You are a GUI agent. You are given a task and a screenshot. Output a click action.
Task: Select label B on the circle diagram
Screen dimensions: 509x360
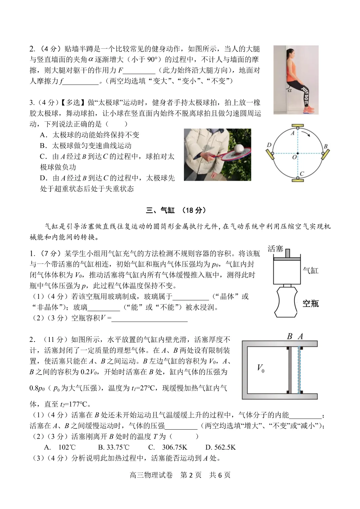pyautogui.click(x=325, y=146)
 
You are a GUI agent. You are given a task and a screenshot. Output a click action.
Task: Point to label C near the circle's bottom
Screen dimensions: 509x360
pyautogui.click(x=302, y=173)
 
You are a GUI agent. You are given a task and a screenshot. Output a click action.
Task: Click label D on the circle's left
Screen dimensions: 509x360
pyautogui.click(x=269, y=145)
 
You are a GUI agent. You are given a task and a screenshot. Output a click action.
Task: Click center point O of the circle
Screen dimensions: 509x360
pyautogui.click(x=294, y=157)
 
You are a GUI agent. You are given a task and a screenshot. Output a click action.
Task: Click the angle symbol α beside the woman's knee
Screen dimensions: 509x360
pyautogui.click(x=289, y=89)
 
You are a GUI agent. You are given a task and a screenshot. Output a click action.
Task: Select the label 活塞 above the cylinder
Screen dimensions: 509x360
pyautogui.click(x=275, y=248)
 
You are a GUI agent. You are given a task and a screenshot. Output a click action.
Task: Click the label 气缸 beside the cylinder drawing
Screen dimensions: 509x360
pyautogui.click(x=310, y=270)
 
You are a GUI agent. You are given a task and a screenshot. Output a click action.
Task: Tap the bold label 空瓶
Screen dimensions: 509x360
pyautogui.click(x=310, y=303)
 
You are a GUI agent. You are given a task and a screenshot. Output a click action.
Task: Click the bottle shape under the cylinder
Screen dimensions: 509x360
pyautogui.click(x=286, y=302)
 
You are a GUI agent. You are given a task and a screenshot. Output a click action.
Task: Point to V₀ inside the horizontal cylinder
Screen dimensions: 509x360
pyautogui.click(x=261, y=368)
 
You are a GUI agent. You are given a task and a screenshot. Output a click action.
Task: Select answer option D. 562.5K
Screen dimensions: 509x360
pyautogui.click(x=220, y=447)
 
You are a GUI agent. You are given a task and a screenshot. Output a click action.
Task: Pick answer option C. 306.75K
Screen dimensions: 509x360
pyautogui.click(x=168, y=447)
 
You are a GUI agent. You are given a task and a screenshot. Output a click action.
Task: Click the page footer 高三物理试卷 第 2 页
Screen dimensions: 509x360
pyautogui.click(x=180, y=475)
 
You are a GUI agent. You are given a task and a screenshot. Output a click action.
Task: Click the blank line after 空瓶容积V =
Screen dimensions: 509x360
pyautogui.click(x=150, y=318)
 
